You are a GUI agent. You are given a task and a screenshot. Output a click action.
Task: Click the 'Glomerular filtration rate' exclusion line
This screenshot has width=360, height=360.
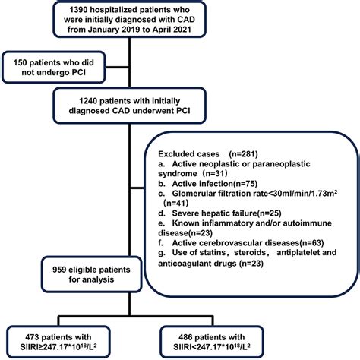248,193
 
